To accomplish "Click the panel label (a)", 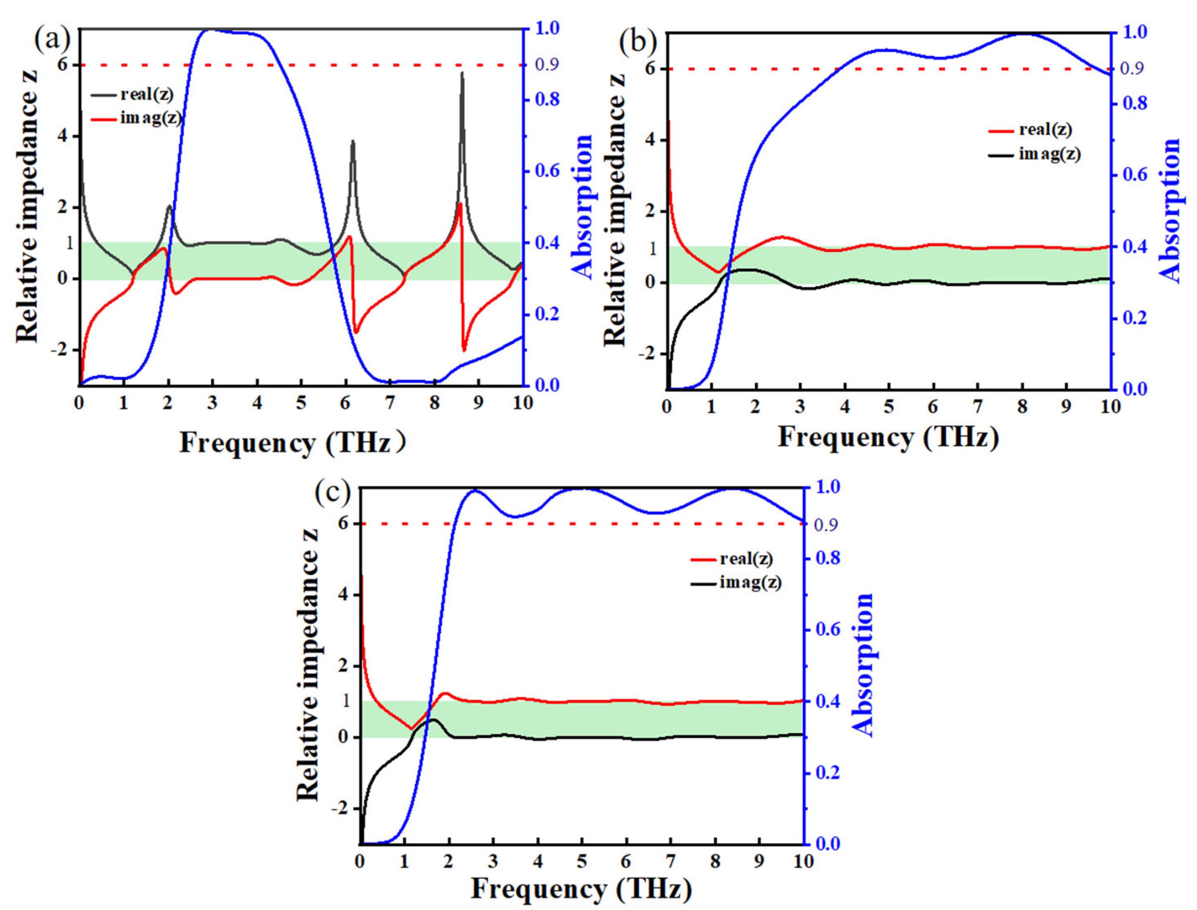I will tap(52, 41).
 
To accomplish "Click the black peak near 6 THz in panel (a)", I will tap(353, 141).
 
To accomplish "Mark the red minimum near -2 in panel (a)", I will tap(464, 350).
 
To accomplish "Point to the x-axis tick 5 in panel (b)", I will tap(888, 407).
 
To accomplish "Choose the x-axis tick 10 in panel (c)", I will tap(802, 861).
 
